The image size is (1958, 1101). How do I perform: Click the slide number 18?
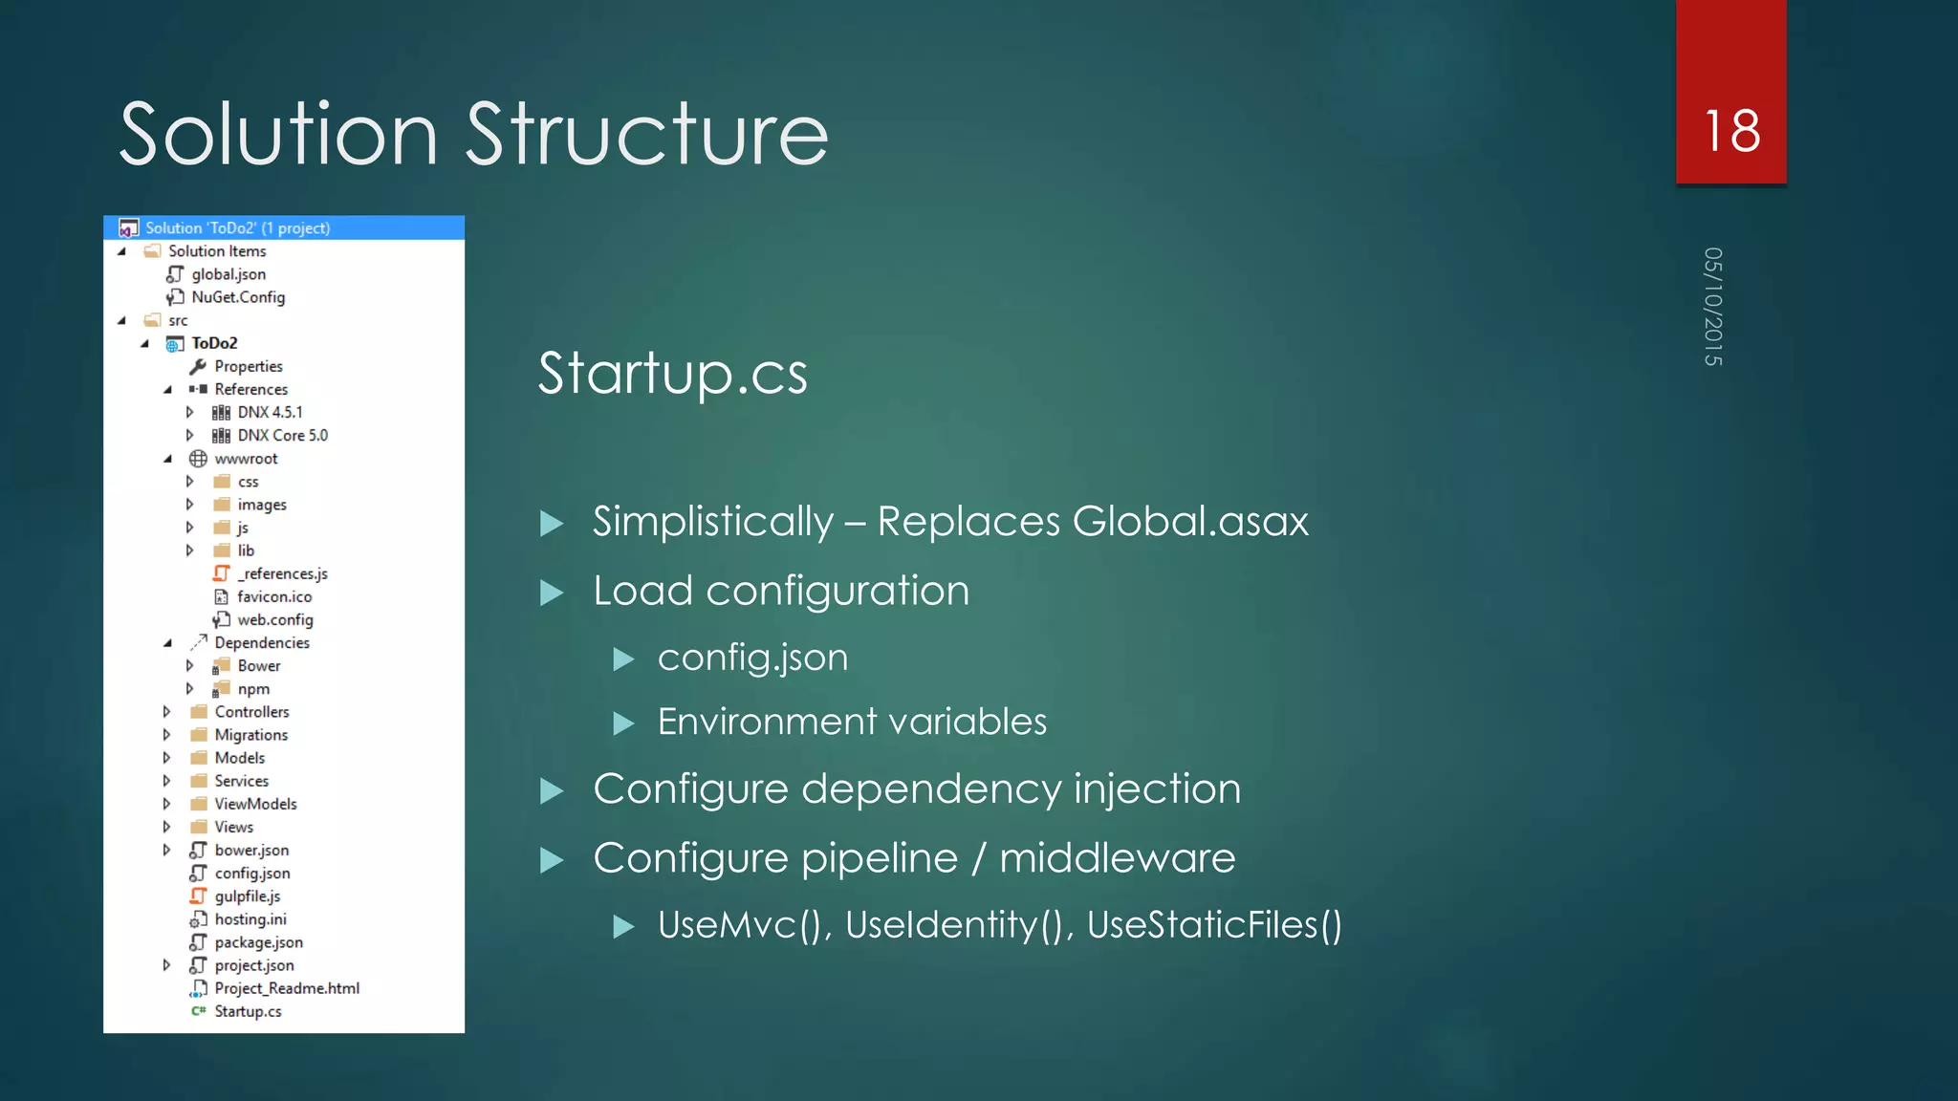1731,131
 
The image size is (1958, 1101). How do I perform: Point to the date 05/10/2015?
1712,307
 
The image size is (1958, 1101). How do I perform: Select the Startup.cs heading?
672,373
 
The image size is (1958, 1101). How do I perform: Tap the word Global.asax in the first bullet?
1189,522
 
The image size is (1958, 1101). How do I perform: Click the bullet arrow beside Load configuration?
552,593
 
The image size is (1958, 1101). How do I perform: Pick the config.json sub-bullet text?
752,658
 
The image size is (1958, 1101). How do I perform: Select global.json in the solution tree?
228,274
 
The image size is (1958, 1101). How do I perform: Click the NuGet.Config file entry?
238,297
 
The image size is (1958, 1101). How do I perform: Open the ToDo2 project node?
214,343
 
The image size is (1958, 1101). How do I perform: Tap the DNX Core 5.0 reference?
282,436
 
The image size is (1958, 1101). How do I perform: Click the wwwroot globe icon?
198,459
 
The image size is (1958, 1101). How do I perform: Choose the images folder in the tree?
262,505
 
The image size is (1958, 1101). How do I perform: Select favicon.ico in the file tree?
274,597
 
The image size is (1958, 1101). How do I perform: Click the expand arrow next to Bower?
189,666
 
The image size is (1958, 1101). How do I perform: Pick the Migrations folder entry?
250,735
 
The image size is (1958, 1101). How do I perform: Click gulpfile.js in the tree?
247,896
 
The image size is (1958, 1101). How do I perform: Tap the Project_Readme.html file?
287,988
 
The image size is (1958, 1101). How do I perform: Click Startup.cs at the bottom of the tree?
248,1011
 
